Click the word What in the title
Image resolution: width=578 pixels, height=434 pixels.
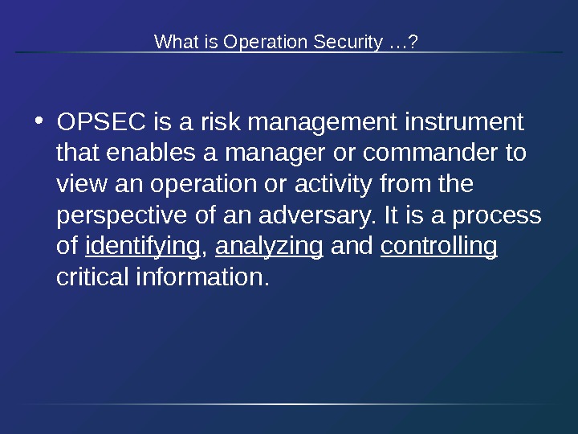coord(172,41)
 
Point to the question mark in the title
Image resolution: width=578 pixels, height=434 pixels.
coord(413,41)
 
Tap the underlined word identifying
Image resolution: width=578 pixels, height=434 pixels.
coord(142,247)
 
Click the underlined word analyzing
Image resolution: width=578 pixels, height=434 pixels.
coord(270,247)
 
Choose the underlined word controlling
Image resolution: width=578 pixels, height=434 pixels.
coord(439,247)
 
